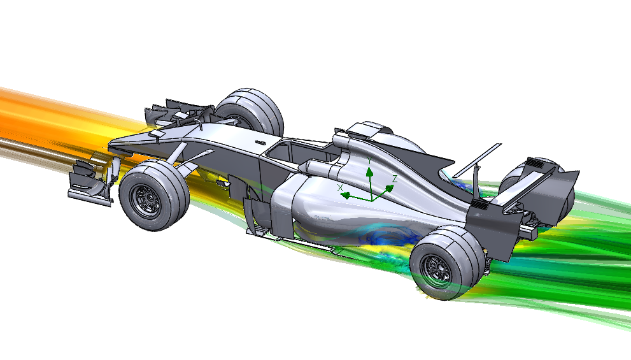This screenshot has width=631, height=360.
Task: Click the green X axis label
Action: tap(341, 188)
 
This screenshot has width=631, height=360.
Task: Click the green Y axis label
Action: tap(369, 161)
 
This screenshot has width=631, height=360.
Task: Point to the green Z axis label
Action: tap(395, 179)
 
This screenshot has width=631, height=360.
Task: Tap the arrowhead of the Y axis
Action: tap(369, 172)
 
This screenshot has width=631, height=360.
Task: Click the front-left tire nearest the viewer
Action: tap(154, 195)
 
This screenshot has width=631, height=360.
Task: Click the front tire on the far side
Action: tap(250, 110)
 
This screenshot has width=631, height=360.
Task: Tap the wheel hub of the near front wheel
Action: tap(146, 199)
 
